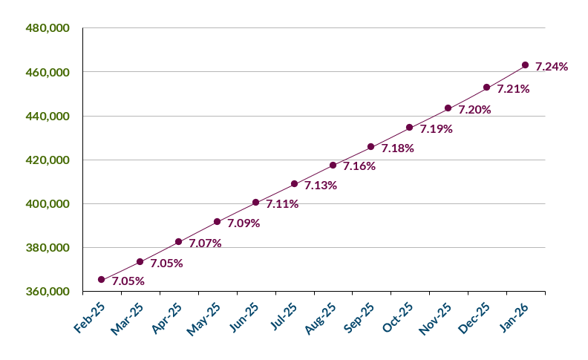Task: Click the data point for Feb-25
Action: (102, 279)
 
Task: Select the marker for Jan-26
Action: (525, 65)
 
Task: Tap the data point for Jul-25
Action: (294, 183)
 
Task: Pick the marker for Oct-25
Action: (410, 127)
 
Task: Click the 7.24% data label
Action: (552, 67)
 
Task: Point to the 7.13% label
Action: (321, 186)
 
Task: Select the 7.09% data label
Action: (244, 223)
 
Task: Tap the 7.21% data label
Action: (513, 89)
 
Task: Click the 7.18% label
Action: (398, 148)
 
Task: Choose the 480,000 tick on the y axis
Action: (48, 28)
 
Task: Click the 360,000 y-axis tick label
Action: (48, 291)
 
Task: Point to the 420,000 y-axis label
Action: (48, 160)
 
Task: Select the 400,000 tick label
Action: (48, 203)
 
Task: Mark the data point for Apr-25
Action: (179, 241)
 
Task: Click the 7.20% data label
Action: (474, 110)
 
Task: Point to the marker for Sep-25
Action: (371, 146)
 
